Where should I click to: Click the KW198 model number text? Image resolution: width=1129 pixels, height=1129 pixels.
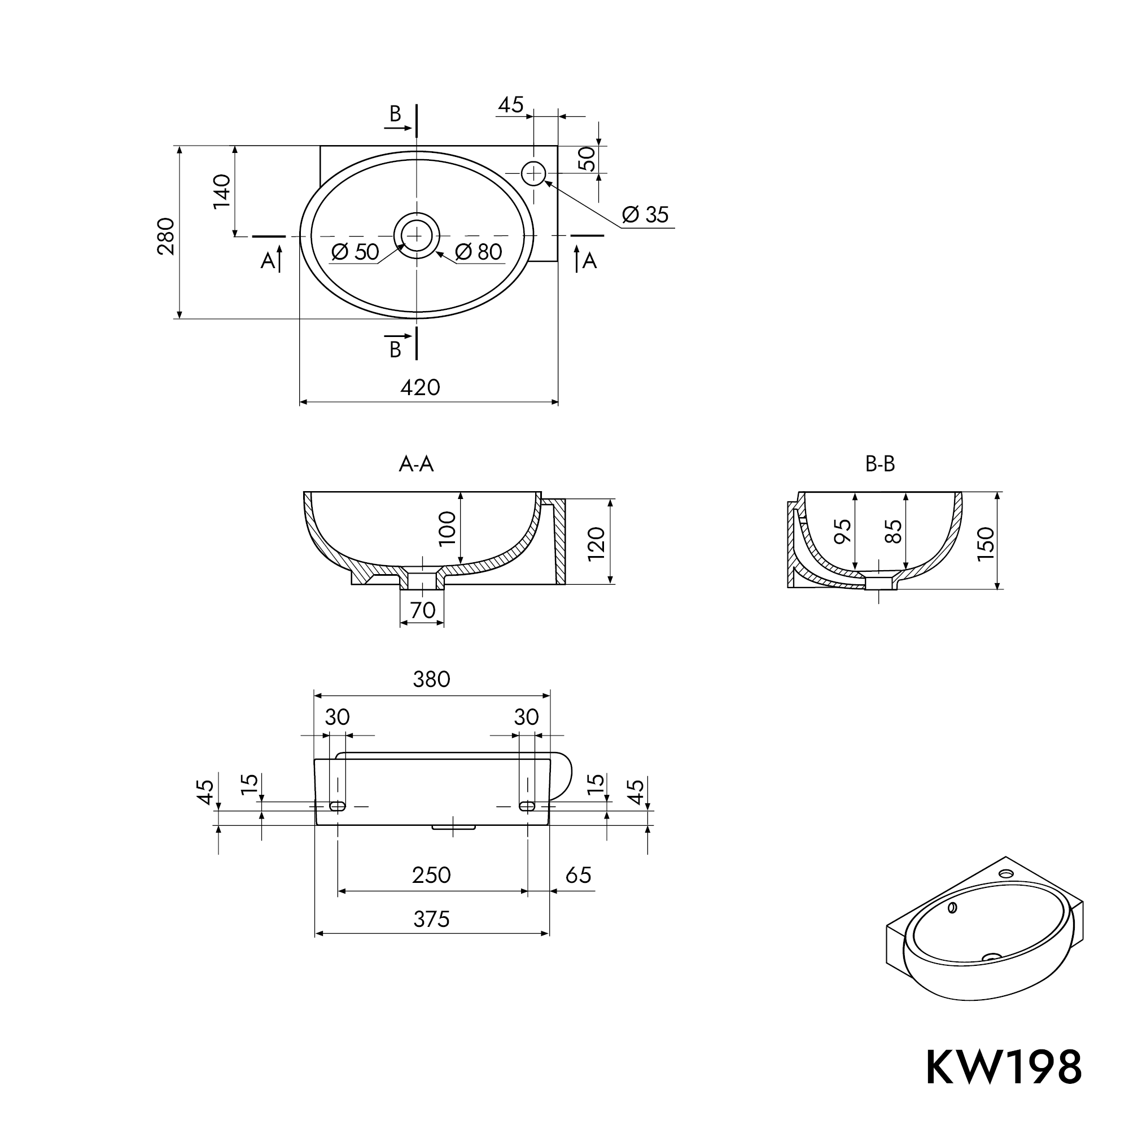[x=1003, y=1067]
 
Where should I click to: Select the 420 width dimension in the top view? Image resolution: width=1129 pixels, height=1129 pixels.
[x=420, y=387]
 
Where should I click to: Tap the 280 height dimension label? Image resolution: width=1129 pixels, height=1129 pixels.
[x=167, y=236]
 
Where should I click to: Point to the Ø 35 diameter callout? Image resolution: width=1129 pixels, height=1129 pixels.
[x=645, y=215]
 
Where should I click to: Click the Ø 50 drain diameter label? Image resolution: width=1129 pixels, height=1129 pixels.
[x=355, y=252]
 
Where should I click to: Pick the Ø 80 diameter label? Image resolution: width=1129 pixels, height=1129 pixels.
[x=479, y=252]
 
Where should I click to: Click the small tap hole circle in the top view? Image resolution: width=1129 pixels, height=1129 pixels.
[x=533, y=173]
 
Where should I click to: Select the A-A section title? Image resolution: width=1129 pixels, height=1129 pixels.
[x=416, y=464]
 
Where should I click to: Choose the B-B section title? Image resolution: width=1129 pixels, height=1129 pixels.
[x=879, y=464]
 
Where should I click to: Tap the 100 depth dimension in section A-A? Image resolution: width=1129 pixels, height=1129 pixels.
[x=448, y=528]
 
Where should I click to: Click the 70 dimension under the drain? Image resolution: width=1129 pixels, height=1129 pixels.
[x=422, y=610]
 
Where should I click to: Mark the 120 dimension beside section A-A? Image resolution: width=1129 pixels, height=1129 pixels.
[x=597, y=543]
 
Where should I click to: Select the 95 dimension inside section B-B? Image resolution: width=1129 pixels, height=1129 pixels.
[x=843, y=531]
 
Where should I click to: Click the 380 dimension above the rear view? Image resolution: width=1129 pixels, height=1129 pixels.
[x=431, y=680]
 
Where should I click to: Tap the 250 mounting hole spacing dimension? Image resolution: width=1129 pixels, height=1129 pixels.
[x=431, y=875]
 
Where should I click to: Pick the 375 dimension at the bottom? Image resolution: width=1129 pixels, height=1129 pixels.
[x=431, y=919]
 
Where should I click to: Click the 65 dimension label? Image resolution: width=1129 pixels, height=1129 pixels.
[x=579, y=875]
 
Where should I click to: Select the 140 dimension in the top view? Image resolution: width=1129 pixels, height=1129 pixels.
[x=222, y=191]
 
